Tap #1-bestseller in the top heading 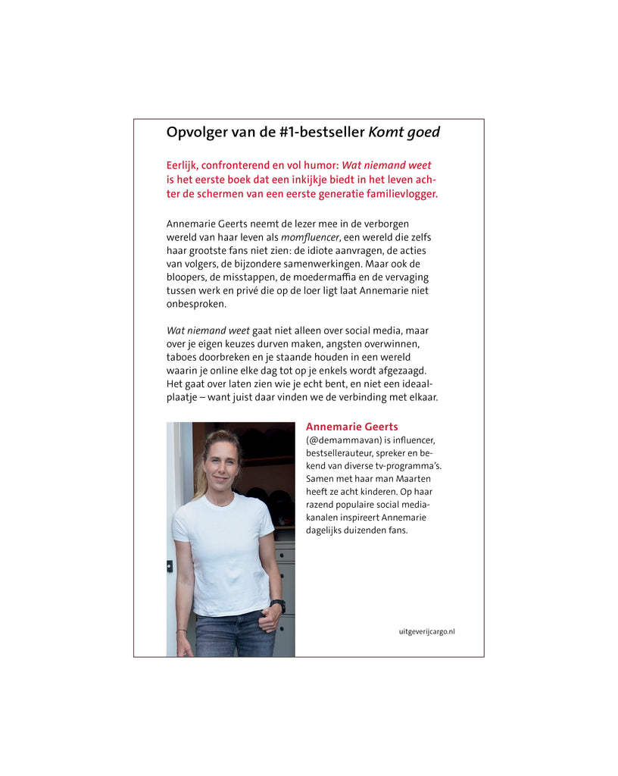point(320,133)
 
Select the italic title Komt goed point(404,133)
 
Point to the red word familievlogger point(399,194)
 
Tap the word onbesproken point(196,304)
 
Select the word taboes point(181,357)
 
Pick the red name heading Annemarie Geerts point(351,427)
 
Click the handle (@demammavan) point(345,440)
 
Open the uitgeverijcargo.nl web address point(426,631)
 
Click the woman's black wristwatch point(279,605)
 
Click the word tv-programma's point(407,466)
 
